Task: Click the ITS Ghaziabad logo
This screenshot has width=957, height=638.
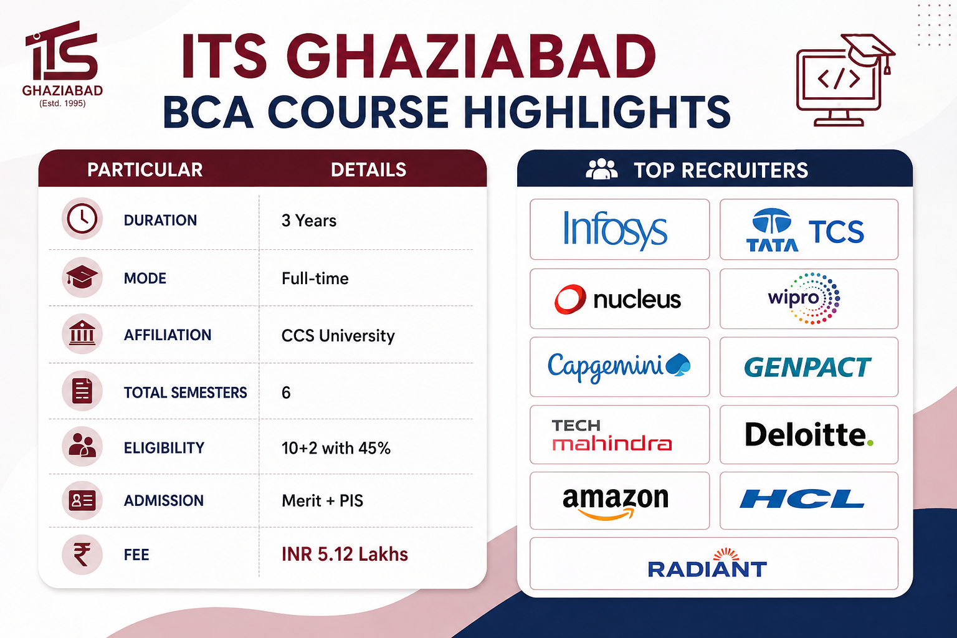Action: [x=62, y=64]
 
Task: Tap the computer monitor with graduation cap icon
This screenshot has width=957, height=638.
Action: [x=845, y=80]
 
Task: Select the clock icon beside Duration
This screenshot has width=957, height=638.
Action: [x=82, y=219]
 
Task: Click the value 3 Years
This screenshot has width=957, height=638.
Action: [x=309, y=221]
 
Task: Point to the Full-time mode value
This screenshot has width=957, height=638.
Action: [x=315, y=279]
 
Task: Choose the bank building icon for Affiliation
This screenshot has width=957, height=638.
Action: [x=82, y=334]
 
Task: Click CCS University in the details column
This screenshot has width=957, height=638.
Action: [x=338, y=336]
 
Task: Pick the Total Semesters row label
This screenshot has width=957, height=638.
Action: [x=186, y=393]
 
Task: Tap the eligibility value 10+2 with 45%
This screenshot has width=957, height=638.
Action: [x=336, y=448]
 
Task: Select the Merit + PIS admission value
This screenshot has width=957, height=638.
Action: [x=322, y=500]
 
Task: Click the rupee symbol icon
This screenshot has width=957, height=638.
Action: [x=82, y=555]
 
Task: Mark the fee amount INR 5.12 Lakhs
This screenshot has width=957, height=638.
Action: [x=345, y=555]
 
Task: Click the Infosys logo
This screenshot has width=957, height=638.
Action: [x=615, y=230]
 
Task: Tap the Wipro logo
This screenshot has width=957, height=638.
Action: [x=804, y=298]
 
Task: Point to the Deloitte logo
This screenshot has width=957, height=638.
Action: [x=809, y=435]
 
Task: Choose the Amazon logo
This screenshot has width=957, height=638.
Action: [x=616, y=503]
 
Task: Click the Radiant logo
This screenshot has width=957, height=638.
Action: [x=708, y=563]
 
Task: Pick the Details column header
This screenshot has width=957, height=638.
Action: [x=368, y=169]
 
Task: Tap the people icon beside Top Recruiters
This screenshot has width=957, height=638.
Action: [x=601, y=169]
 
